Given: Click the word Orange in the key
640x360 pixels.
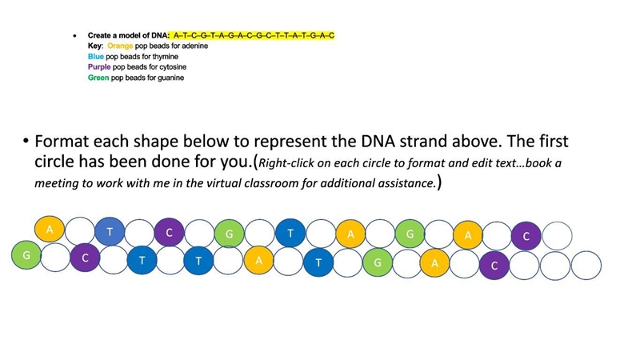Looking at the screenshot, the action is pos(120,46).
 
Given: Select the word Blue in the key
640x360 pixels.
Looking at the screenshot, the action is pos(95,56).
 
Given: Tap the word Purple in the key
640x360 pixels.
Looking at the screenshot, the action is pos(99,67).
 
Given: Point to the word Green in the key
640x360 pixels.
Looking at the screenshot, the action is pos(98,78).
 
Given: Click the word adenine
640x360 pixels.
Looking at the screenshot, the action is pos(194,46).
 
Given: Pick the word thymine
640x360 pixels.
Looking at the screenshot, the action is pos(165,56).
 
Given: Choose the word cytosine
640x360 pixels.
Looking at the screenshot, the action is pos(173,67).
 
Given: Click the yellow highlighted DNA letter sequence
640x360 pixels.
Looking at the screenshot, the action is pos(254,35).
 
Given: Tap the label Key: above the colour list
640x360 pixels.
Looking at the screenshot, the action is pos(95,46).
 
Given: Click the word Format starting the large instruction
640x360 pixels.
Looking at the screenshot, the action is pos(62,142).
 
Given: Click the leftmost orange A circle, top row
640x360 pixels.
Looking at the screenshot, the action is pos(50,229).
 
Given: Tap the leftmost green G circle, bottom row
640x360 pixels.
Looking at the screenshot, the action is pos(26,254).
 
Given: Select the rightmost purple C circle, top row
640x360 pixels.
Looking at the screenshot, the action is pos(526,236).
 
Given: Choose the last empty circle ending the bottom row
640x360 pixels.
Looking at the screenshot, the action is pos(586,266).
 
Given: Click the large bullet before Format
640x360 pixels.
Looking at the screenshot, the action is pos(26,142).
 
